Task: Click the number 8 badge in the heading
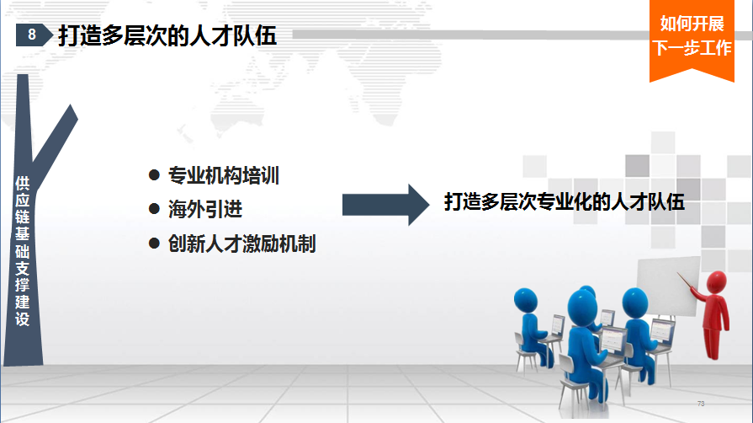34,35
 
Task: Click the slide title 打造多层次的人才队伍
167,35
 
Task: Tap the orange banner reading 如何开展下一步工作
692,39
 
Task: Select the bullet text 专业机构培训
223,175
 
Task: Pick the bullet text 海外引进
205,209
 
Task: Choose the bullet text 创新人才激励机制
242,244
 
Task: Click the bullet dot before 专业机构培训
154,174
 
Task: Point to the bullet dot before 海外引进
154,208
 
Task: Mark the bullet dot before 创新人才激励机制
154,243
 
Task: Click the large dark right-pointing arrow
385,205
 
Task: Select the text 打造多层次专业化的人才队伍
565,201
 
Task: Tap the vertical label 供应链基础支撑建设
23,251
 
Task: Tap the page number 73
701,404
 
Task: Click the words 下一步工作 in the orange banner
692,48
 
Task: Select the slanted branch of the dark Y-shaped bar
55,143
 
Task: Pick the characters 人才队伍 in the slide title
233,35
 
